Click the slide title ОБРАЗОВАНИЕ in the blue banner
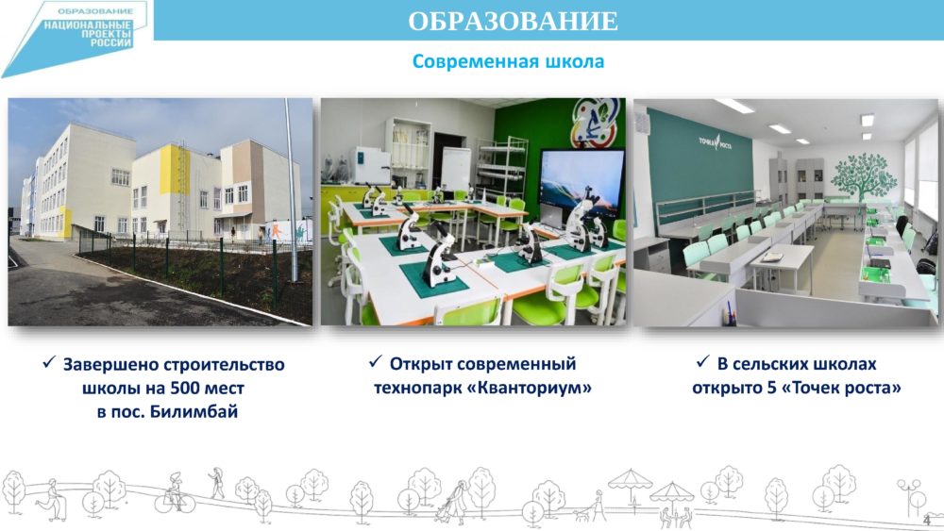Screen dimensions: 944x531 pos(513,21)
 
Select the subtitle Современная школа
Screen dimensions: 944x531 pos(508,61)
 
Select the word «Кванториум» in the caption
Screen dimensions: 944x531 pos(529,388)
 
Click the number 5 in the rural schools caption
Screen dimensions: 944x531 pos(771,388)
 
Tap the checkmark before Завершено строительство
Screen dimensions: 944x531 pos(49,362)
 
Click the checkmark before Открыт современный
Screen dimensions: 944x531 pos(375,361)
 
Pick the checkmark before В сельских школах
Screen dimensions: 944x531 pos(702,361)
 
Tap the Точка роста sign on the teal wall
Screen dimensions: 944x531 pos(715,142)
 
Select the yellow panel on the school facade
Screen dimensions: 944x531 pos(175,169)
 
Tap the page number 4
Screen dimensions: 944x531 pos(927,520)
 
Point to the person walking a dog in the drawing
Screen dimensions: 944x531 pos(592,506)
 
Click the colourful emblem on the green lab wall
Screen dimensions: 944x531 pos(595,124)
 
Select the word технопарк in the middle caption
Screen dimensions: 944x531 pos(418,388)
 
